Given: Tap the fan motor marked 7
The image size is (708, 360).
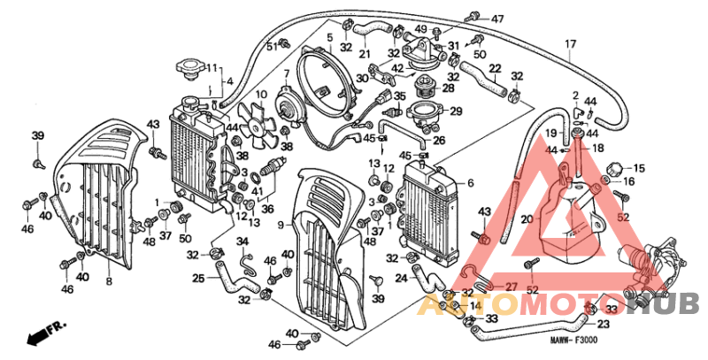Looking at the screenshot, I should coord(289,104).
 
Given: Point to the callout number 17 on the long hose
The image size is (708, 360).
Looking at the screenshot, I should coord(570,43).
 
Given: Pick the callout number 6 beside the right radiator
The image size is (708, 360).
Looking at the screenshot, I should coord(470,183).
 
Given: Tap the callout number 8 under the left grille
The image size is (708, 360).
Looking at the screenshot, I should coord(109,281).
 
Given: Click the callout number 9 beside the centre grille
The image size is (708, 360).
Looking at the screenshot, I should coord(280,226).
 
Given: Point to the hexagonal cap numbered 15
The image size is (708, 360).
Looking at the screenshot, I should coord(614,168).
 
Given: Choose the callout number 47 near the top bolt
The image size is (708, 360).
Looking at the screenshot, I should coord(497,19).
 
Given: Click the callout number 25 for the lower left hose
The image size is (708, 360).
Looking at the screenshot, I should coord(199,279).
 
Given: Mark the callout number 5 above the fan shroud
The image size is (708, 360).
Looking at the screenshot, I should coord(329,37).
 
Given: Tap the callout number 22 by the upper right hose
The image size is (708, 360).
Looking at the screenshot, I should coord(495,68).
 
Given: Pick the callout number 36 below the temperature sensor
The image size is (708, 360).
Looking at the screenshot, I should coord(268,209).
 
